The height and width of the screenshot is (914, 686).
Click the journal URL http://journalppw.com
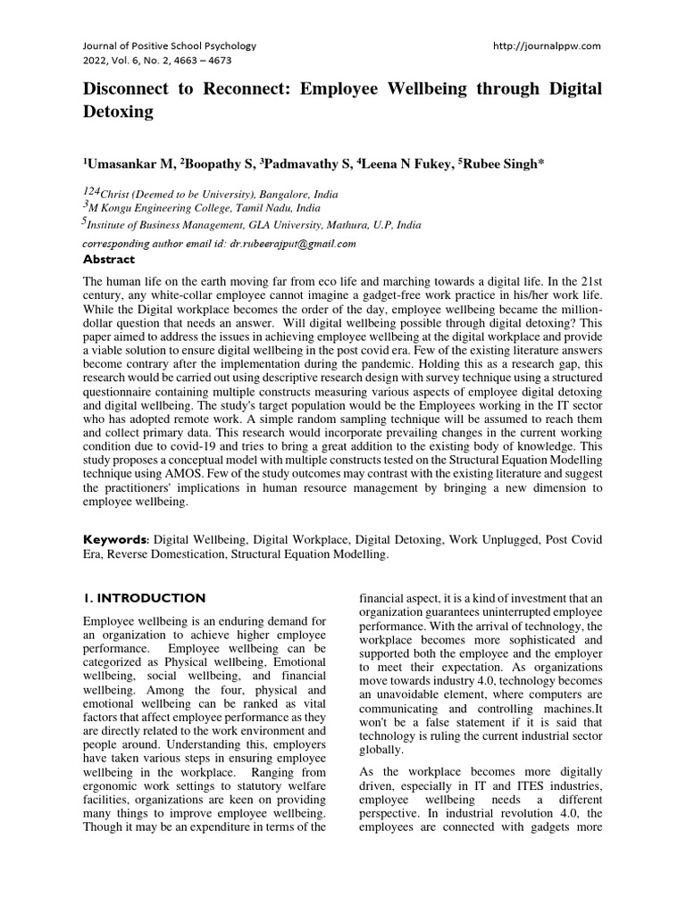(x=547, y=45)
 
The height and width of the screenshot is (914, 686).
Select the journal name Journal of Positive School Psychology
(x=170, y=45)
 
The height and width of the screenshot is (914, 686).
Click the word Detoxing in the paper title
(x=119, y=112)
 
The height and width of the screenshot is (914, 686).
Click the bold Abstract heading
(x=108, y=260)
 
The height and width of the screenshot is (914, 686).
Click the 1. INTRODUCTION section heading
(x=144, y=598)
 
